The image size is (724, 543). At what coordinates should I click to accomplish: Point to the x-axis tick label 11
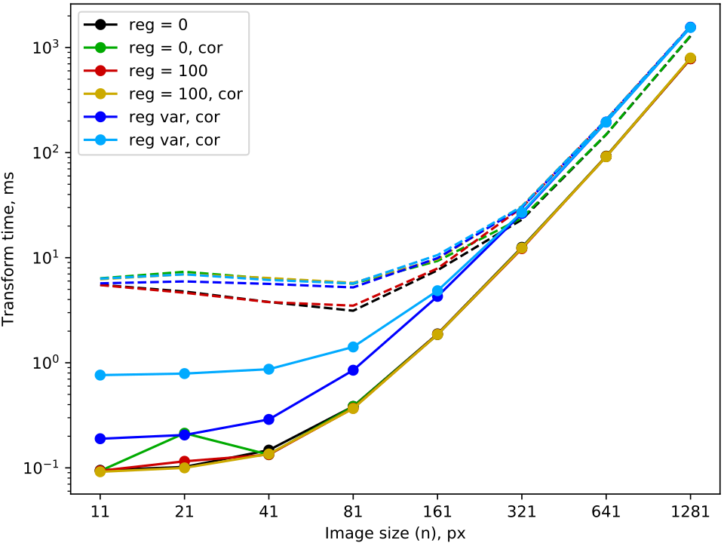tap(100, 512)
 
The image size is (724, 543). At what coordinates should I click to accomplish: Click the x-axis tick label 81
tap(353, 512)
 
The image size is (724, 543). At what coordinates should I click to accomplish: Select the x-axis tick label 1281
tap(690, 512)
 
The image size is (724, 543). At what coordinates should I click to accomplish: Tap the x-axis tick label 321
tap(522, 512)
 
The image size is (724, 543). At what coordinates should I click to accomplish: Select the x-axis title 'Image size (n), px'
tap(395, 533)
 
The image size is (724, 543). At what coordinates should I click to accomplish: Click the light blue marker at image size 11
tap(100, 375)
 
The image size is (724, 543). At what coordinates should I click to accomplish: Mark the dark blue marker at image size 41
tap(268, 419)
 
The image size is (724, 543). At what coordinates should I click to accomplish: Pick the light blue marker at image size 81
tap(353, 347)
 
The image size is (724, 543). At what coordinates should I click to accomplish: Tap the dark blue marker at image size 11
tap(100, 438)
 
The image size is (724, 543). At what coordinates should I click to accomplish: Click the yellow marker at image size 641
tap(606, 156)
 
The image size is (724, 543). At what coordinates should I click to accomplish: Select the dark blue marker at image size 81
tap(353, 370)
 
